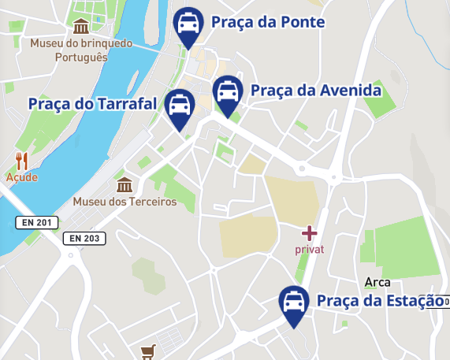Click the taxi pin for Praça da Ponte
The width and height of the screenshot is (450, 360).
(188, 25)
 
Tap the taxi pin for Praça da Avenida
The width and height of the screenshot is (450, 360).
(228, 94)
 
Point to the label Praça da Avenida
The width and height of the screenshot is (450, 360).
(315, 91)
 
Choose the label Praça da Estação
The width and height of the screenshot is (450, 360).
(380, 301)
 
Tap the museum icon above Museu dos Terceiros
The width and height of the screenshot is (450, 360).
(124, 185)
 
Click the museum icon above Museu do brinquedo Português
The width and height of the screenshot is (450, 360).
(80, 27)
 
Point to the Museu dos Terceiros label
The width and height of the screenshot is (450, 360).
(125, 202)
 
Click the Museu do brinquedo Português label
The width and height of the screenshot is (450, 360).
(81, 50)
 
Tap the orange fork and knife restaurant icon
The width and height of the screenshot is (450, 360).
(22, 161)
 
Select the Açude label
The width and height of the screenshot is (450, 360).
(22, 177)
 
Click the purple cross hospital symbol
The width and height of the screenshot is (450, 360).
(310, 233)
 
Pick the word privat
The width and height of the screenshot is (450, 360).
(310, 250)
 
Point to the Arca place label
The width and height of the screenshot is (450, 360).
(378, 282)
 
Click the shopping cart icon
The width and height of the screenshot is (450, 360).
(147, 351)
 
